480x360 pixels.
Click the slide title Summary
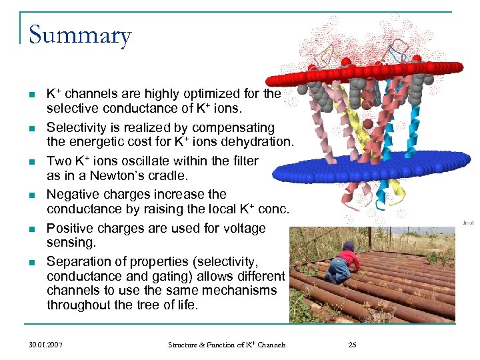tap(80, 35)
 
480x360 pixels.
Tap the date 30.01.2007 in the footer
tap(47, 345)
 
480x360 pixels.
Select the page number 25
tap(353, 345)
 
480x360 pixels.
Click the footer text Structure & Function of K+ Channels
tap(227, 345)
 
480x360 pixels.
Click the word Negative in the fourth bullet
tap(72, 195)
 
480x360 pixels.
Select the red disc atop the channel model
tap(393, 68)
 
